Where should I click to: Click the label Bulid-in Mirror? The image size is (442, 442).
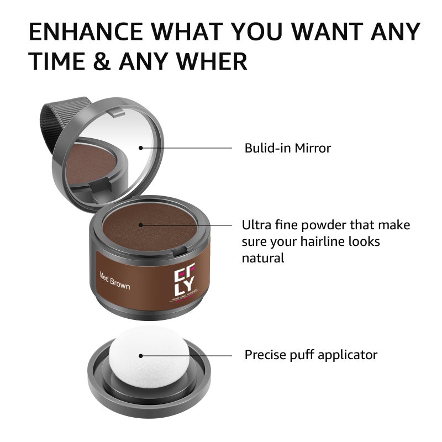(288, 148)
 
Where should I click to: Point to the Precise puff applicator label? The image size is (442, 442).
(311, 355)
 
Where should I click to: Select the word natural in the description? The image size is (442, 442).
(263, 258)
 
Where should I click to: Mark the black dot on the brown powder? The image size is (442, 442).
(141, 224)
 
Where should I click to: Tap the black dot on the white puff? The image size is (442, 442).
(141, 357)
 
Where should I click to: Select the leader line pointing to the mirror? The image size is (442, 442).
(188, 148)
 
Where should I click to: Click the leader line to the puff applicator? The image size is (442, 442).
(188, 356)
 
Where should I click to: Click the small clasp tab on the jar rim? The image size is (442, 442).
(178, 252)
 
